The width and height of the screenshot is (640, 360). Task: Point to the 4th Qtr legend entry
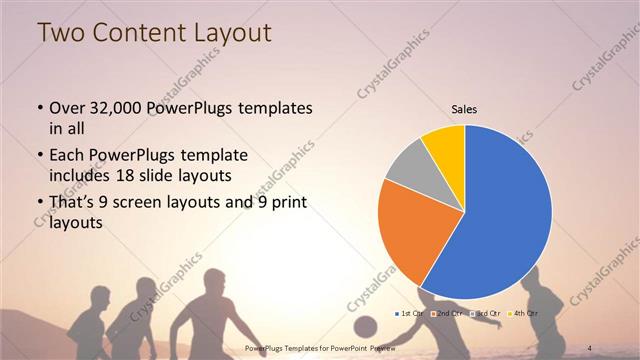click(x=522, y=314)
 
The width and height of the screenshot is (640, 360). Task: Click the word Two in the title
click(x=59, y=33)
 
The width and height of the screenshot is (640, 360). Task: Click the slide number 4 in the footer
click(x=591, y=348)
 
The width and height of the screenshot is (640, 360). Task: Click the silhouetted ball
click(x=366, y=327)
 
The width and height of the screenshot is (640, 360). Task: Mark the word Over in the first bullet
click(x=65, y=107)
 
